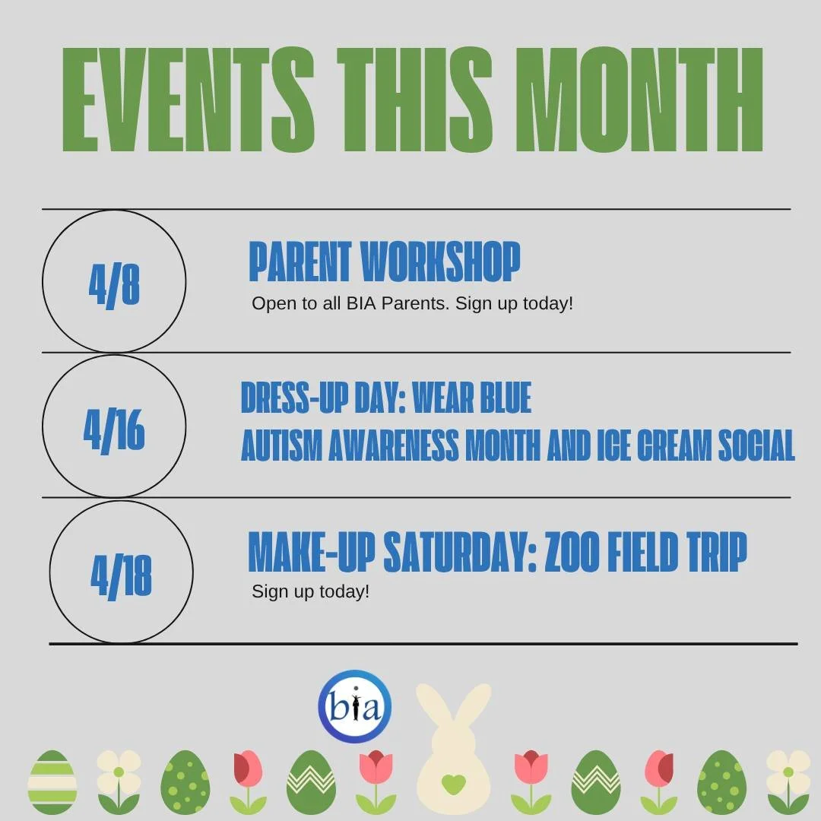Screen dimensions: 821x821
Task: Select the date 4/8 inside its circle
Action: coord(114,283)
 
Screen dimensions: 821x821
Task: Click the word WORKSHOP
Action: coord(441,262)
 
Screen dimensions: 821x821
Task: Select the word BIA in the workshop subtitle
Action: coord(363,304)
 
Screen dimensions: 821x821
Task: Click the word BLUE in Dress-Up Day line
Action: coord(495,398)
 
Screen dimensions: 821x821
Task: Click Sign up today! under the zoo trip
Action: coord(310,591)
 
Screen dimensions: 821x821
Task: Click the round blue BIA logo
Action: coord(355,707)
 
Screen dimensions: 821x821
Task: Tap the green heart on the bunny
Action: coord(453,783)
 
